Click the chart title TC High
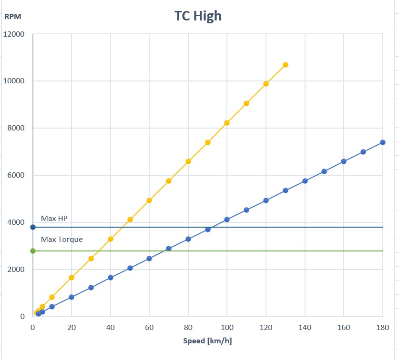[198, 16]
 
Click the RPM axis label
[13, 16]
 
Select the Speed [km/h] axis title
[207, 341]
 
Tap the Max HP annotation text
[54, 219]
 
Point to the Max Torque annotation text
[61, 239]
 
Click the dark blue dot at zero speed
[32, 227]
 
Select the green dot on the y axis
[32, 251]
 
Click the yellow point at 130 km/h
[286, 65]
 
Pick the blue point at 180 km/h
[383, 142]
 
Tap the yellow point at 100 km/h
[227, 123]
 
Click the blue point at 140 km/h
[305, 181]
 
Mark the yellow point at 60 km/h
[149, 200]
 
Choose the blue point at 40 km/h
[111, 278]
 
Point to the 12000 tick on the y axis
[15, 34]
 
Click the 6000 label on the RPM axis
[17, 175]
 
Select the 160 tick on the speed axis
[344, 328]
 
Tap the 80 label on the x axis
[188, 328]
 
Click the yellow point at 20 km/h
[72, 278]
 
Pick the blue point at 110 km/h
[246, 210]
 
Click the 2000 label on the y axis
[17, 270]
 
